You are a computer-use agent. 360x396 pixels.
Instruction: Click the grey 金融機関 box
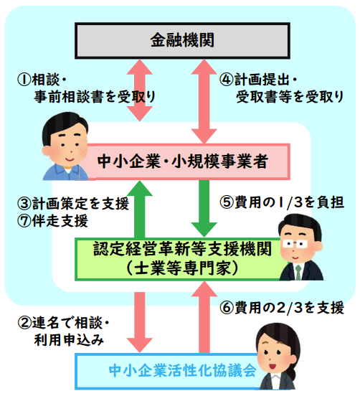coord(182,41)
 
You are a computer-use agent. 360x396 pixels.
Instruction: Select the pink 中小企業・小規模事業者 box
coord(188,161)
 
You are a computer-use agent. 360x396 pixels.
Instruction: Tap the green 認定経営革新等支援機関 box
coord(181,260)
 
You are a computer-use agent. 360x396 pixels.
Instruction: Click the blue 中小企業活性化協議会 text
coord(183,371)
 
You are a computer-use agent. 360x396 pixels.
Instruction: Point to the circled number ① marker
coord(24,80)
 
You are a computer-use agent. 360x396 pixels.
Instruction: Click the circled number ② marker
coord(24,323)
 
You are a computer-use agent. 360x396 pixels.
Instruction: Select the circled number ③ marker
coord(24,204)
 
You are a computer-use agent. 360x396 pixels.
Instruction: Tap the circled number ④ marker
coord(227,80)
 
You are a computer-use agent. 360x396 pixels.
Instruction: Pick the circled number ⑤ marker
coord(227,202)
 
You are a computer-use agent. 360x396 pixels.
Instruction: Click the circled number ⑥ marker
coord(227,308)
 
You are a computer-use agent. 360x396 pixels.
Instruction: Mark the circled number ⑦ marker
coord(24,221)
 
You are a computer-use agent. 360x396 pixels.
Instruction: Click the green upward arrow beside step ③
coord(140,209)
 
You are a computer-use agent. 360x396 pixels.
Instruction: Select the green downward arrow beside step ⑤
coord(204,209)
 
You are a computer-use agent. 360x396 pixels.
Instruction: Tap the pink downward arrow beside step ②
coord(140,323)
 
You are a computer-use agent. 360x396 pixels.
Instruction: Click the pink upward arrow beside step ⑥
coord(204,317)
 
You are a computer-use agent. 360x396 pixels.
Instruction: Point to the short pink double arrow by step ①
coord(140,90)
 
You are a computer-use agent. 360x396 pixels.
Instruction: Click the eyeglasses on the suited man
coord(295,244)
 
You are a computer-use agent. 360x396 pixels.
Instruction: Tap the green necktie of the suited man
coord(298,273)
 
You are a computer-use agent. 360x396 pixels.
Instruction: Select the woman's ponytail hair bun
coord(293,373)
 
